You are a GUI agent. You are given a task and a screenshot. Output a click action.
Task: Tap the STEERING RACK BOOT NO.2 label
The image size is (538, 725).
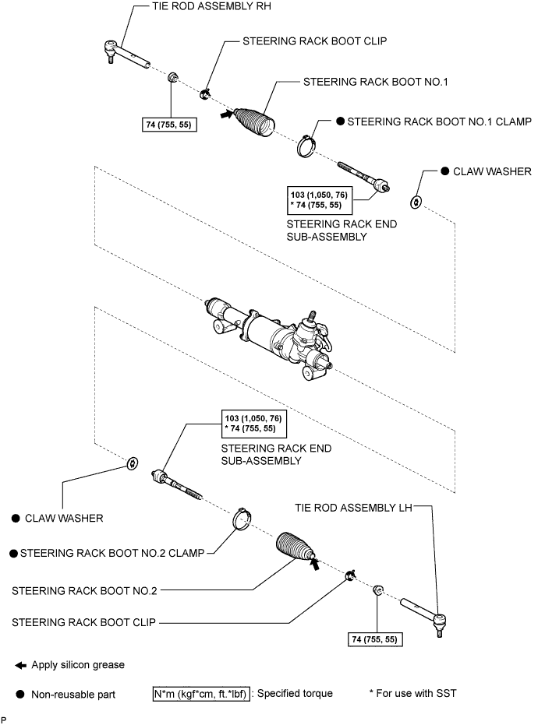84,591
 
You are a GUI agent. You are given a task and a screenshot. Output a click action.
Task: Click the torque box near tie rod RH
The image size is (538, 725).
170,125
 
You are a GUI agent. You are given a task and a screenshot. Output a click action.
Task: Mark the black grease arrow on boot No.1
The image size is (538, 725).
226,115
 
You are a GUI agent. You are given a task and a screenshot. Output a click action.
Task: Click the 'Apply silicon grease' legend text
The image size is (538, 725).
78,665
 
